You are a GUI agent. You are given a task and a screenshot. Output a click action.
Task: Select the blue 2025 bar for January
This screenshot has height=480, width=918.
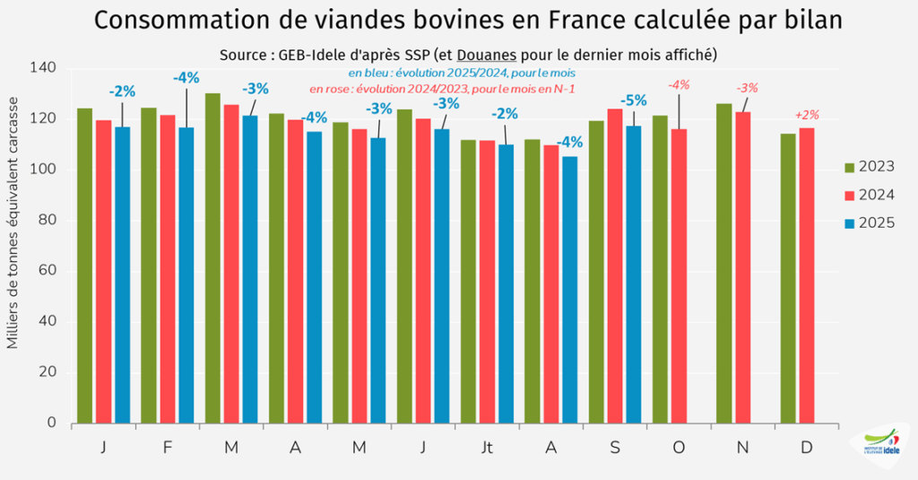(122, 275)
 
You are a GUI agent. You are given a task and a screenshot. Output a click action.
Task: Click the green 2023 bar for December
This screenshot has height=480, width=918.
(788, 278)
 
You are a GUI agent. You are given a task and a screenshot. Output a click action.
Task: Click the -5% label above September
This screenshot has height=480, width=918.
(634, 100)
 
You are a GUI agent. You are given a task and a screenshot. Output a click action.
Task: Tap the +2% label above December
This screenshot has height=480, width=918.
(808, 115)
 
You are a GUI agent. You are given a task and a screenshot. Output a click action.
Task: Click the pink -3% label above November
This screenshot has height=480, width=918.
(747, 88)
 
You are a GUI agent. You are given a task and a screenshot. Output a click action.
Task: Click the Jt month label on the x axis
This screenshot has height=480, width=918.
(487, 447)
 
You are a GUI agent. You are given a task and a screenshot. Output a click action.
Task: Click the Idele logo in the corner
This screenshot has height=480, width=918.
(880, 445)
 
